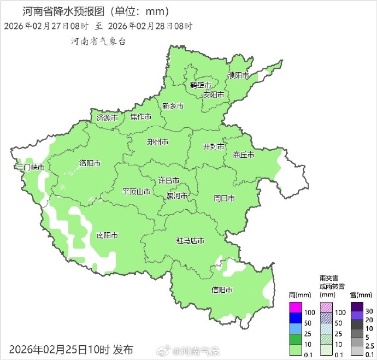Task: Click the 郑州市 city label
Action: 158,142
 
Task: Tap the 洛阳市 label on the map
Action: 90,163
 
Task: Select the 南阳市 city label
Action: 107,235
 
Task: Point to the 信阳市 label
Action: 222,290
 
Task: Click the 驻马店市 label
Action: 190,241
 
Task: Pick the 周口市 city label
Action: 224,198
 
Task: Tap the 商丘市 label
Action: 243,155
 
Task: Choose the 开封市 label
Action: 214,147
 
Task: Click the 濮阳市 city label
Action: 238,75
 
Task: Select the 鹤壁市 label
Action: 201,85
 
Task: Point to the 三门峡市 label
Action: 30,167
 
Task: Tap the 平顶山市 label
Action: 136,192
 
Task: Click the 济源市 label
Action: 107,117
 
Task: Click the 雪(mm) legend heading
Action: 357,295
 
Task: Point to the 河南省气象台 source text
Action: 98,42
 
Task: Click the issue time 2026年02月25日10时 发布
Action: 71,349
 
